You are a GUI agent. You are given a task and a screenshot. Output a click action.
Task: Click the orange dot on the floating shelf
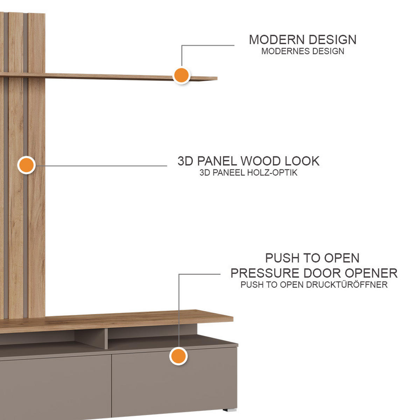click(x=181, y=75)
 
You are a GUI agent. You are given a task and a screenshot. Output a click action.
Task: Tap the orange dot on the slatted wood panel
click(x=26, y=165)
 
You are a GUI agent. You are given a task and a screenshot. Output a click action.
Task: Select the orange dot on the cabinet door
click(x=178, y=356)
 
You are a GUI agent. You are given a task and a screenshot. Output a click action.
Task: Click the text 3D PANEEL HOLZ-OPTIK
click(x=248, y=173)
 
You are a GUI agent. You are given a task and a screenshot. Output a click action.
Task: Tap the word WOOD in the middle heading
click(x=261, y=161)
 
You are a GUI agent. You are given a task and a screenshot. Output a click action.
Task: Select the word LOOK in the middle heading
click(x=302, y=161)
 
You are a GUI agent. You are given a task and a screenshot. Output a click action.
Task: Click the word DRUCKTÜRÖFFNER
click(x=346, y=285)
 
